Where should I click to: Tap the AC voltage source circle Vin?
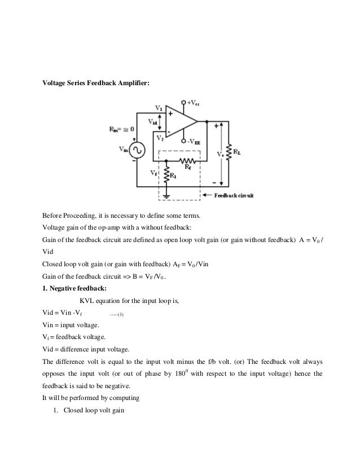coord(137,149)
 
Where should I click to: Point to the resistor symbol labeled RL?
coord(229,151)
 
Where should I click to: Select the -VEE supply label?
coord(194,142)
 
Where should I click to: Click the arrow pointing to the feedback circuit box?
coord(207,195)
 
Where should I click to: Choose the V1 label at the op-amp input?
coord(159,107)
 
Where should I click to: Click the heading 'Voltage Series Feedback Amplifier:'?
coord(96,83)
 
